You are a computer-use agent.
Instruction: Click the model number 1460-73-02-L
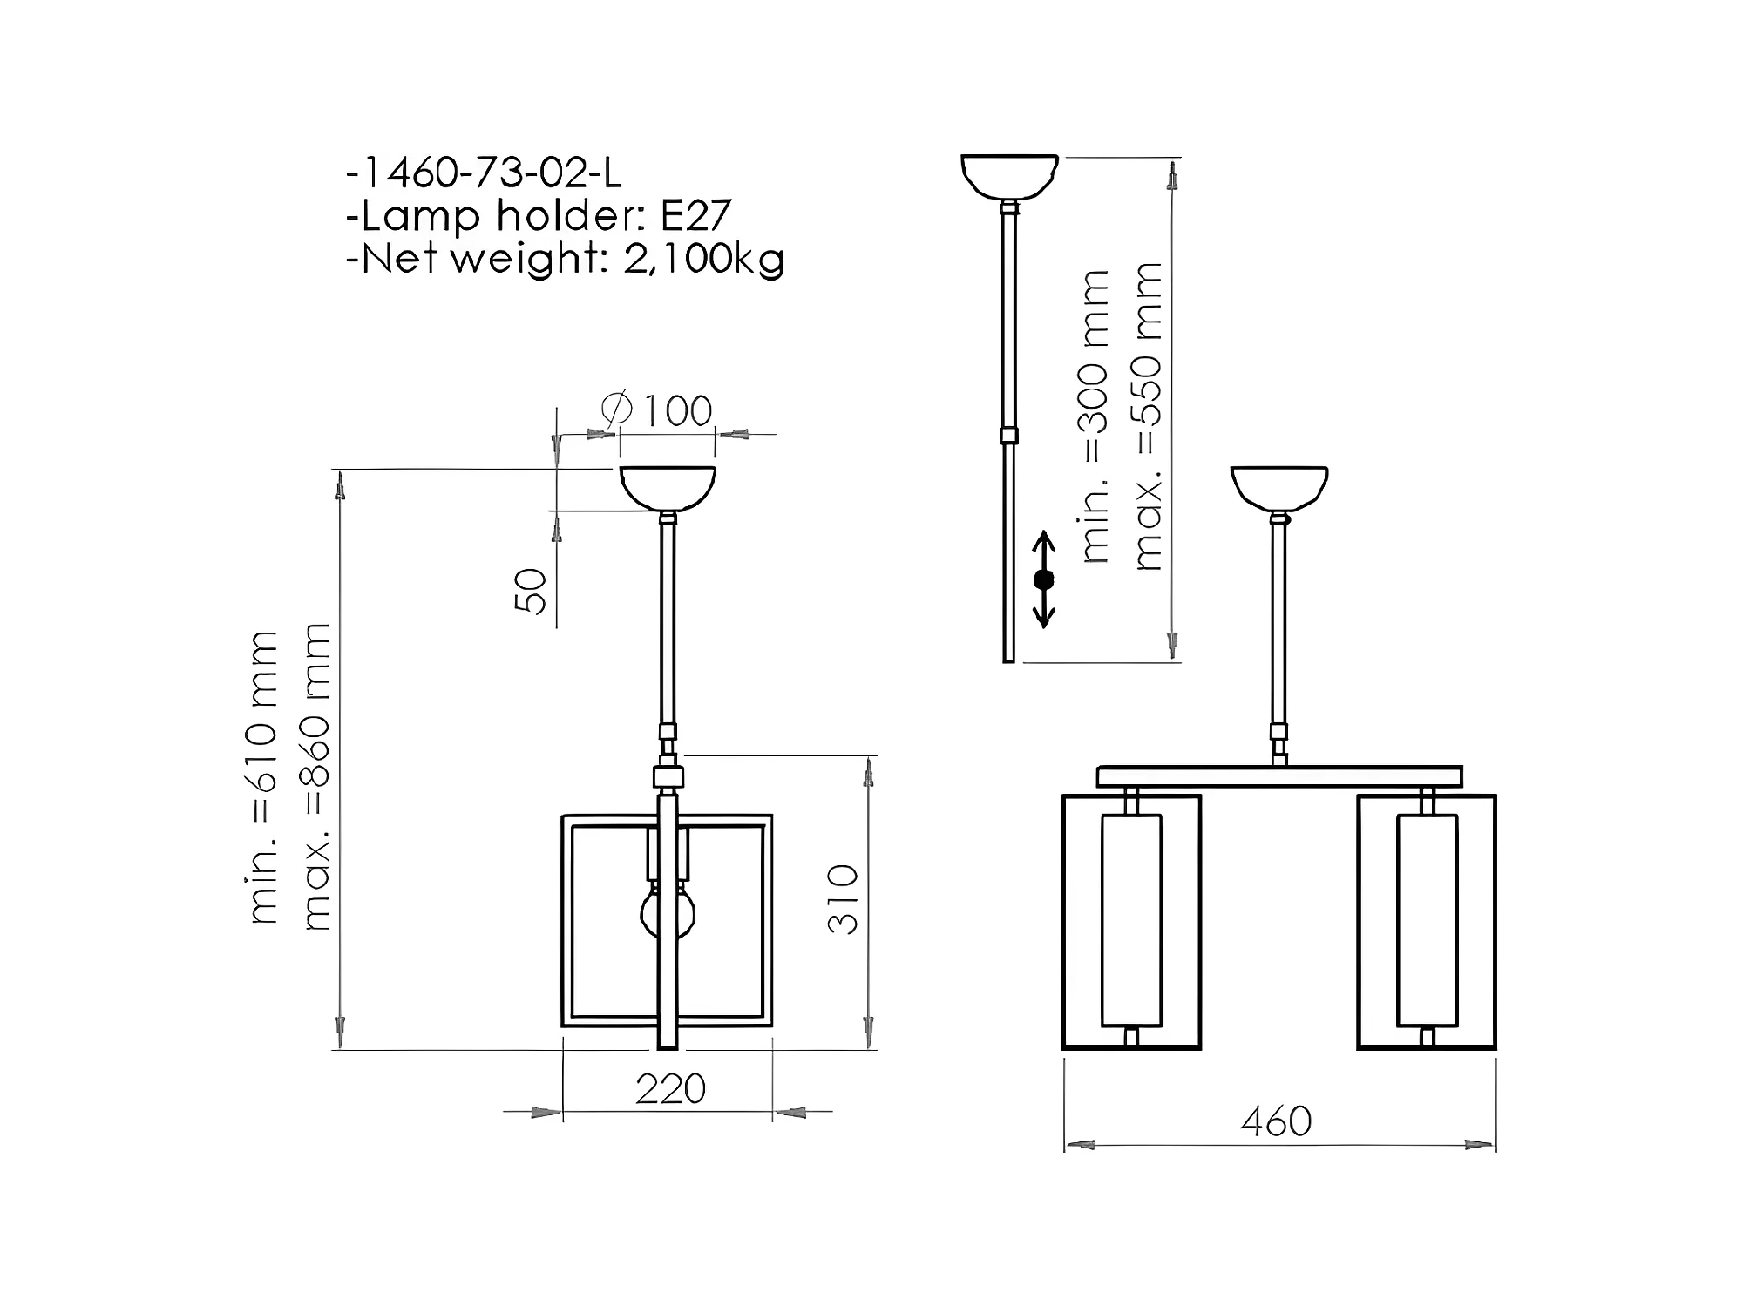pos(491,173)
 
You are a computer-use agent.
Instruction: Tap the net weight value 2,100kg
pos(704,259)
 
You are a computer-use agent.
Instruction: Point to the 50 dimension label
pos(531,592)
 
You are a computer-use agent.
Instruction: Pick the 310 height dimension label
pos(843,900)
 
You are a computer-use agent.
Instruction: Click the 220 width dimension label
pos(670,1089)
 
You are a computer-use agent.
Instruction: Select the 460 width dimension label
pos(1276,1121)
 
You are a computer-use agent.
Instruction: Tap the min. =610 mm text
pos(263,777)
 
